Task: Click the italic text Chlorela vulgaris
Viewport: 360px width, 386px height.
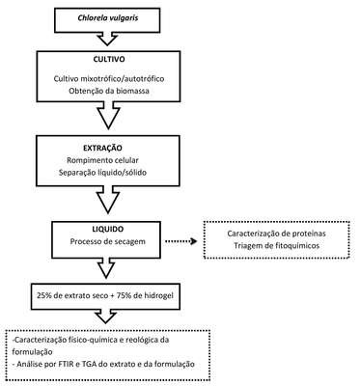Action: point(108,17)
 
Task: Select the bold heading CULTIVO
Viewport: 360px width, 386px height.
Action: point(109,60)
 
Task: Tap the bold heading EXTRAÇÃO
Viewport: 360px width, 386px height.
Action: point(102,149)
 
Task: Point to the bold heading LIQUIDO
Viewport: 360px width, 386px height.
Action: point(106,230)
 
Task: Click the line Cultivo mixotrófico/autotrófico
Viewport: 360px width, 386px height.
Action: point(109,78)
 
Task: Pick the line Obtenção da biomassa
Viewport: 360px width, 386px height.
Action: point(109,91)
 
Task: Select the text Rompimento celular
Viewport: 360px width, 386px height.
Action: point(103,160)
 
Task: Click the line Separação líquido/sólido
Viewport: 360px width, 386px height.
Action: point(103,173)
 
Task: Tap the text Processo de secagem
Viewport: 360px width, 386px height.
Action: point(108,241)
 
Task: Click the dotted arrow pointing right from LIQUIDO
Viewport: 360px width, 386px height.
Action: point(180,241)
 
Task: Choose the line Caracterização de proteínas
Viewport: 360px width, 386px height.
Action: point(277,234)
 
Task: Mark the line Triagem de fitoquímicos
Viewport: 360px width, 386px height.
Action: point(277,246)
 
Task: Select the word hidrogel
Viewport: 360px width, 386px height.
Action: point(158,295)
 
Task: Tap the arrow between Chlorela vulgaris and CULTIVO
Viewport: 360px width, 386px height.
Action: point(107,39)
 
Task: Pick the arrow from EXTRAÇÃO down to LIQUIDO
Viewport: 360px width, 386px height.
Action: point(108,201)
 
